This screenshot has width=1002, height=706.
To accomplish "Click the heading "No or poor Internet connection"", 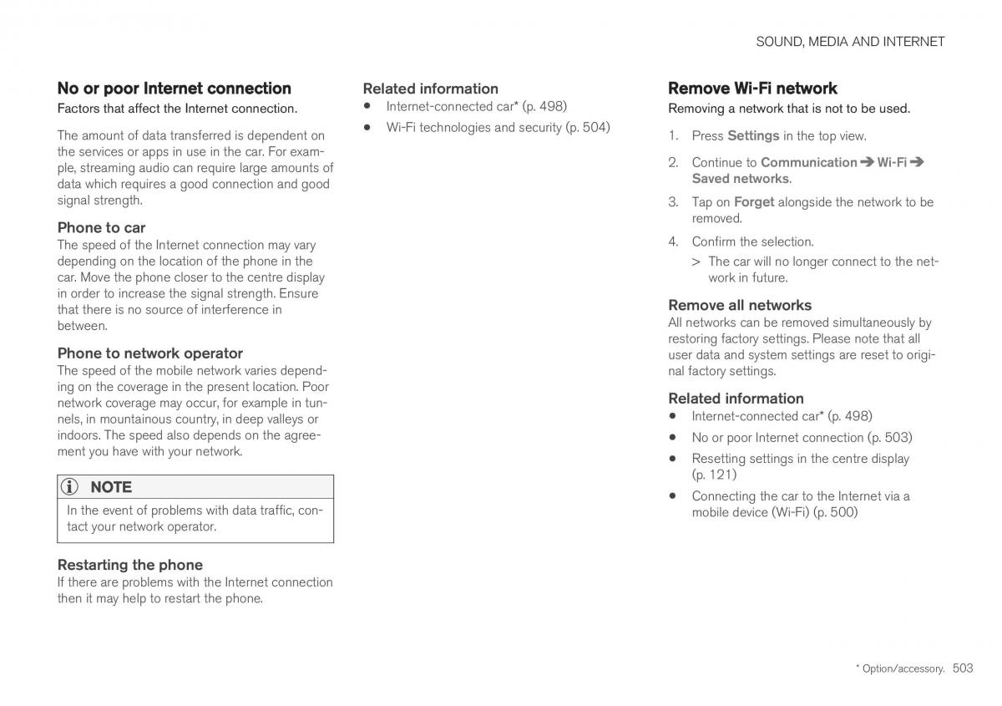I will (174, 89).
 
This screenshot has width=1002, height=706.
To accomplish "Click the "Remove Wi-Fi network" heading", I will (752, 89).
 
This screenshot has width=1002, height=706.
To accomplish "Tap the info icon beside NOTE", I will (73, 487).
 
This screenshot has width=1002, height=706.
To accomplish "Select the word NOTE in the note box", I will (111, 487).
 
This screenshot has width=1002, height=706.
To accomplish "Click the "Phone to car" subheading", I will (101, 227).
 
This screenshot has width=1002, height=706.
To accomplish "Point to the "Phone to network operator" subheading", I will (149, 353).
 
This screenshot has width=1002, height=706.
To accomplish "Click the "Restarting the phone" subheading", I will (129, 565).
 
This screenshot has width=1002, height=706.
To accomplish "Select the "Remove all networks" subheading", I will (739, 305).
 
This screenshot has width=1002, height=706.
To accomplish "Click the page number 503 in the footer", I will (962, 668).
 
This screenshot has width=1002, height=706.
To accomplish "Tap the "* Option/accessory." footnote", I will (900, 669).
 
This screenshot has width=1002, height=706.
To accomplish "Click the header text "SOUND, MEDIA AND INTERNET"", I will (850, 41).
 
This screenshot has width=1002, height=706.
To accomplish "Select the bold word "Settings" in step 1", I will (753, 135).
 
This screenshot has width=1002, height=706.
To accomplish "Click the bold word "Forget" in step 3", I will (753, 201).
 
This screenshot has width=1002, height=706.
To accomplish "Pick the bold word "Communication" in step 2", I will (808, 162).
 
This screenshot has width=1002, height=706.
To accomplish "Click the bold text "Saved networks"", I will (740, 178).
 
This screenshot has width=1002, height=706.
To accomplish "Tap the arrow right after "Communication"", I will (867, 162).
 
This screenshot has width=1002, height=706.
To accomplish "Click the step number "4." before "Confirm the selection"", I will (673, 241).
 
